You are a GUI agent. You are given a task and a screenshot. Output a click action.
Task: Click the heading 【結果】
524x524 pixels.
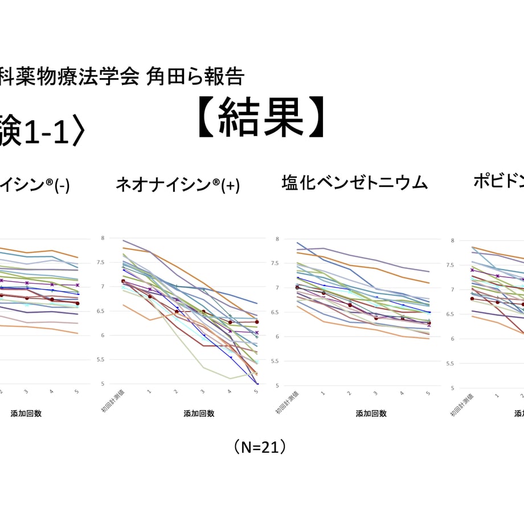261,118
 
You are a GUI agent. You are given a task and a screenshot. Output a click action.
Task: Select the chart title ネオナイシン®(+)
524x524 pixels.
178,185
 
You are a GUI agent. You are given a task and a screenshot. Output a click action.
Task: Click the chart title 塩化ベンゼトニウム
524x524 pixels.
354,183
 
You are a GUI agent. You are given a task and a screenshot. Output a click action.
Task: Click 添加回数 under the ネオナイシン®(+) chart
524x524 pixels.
199,414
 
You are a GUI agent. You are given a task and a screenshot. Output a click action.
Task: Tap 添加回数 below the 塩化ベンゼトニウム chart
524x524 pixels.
371,414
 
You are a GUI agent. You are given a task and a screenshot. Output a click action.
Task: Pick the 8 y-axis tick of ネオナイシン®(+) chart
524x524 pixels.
103,238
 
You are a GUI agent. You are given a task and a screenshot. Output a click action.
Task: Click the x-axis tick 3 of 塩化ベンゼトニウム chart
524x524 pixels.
375,394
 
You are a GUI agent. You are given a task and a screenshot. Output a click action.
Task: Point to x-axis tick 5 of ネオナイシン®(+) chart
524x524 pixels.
256,392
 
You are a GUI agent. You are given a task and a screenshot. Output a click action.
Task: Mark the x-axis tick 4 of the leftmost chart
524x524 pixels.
51,392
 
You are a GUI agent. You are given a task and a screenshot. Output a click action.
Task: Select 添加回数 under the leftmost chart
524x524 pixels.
26,414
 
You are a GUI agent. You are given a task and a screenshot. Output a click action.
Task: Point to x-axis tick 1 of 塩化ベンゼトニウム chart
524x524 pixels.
322,394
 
